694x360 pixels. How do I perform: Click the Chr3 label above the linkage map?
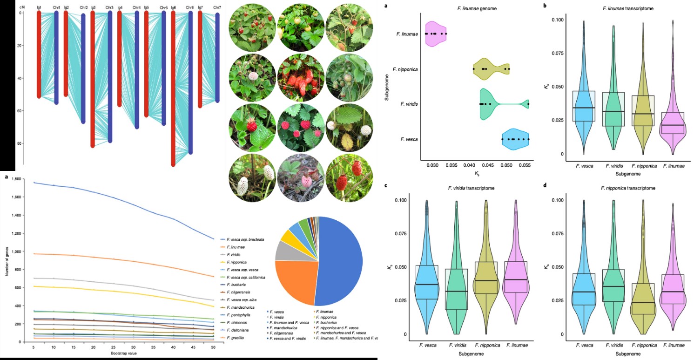(109, 8)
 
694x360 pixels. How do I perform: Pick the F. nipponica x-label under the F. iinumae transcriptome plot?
(646, 165)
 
